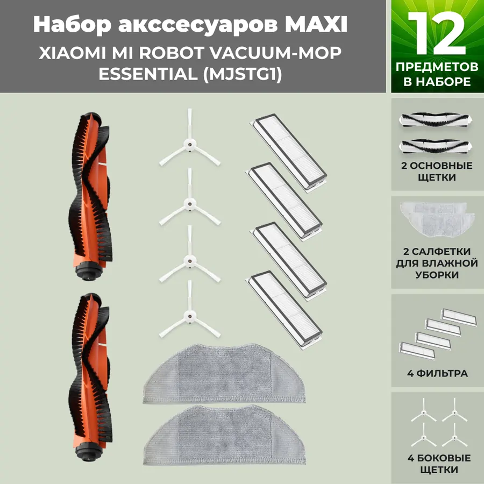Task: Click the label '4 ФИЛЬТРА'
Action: coord(434,373)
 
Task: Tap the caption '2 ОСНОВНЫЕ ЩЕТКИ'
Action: coord(437,172)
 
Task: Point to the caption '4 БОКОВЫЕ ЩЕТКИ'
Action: coord(437,464)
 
